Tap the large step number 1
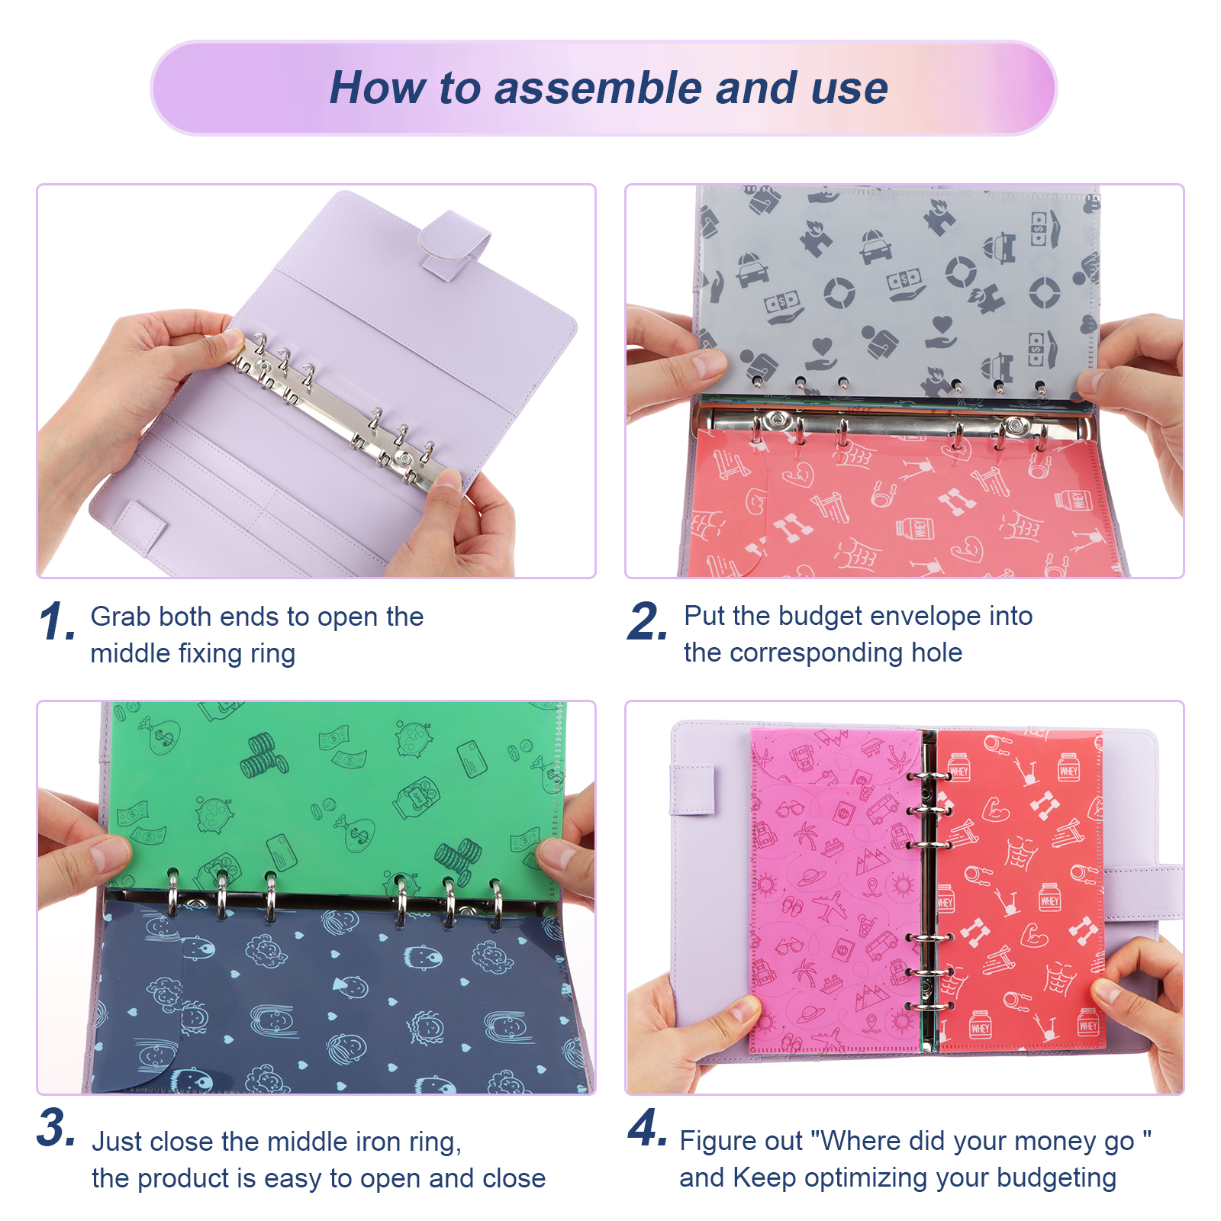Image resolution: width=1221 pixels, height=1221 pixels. pos(56,621)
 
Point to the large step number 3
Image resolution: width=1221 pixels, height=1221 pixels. pos(56,1127)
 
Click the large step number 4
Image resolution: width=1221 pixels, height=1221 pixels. pos(647,1127)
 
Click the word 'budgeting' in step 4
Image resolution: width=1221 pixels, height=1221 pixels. pos(1056,1179)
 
